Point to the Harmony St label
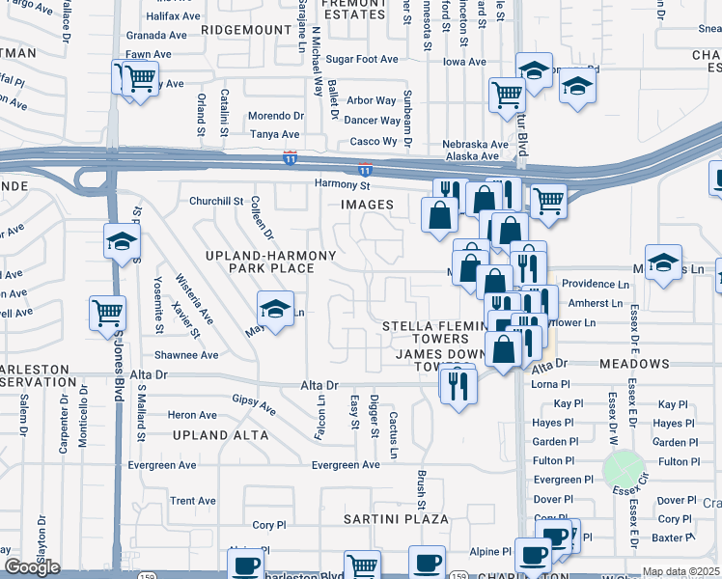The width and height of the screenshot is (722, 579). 343,184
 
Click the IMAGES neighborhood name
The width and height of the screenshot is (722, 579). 367,205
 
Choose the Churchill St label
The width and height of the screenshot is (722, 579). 216,201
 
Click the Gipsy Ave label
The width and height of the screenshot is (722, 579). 254,404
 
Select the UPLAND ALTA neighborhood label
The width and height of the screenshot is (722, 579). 220,435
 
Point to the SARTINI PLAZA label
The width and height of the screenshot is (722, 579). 396,519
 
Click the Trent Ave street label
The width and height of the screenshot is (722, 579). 193,501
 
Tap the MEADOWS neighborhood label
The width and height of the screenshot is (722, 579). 634,364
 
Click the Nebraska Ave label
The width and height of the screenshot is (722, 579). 475,144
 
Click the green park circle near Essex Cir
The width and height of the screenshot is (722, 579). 624,470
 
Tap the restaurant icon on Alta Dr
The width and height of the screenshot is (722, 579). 458,385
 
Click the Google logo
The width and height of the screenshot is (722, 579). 32,567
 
